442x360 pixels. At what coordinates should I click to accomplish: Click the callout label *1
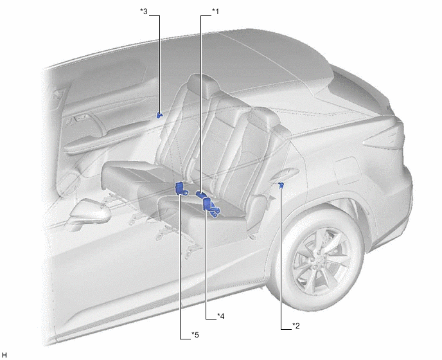(215, 12)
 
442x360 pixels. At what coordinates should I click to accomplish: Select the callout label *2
(296, 326)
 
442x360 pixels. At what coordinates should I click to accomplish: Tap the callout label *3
(144, 12)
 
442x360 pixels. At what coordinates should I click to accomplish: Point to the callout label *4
(221, 316)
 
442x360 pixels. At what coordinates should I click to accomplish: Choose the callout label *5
(195, 335)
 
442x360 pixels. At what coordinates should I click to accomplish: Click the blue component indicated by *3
(159, 115)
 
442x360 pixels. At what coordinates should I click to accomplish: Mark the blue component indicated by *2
(281, 184)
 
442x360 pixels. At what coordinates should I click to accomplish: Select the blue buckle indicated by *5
(181, 189)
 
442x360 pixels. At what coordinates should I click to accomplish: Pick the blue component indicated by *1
(200, 194)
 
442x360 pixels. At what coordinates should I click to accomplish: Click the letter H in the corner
(4, 355)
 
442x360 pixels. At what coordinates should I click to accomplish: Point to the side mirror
(90, 211)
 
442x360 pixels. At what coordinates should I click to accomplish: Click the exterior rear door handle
(285, 174)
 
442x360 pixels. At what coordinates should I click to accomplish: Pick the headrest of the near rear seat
(264, 118)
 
